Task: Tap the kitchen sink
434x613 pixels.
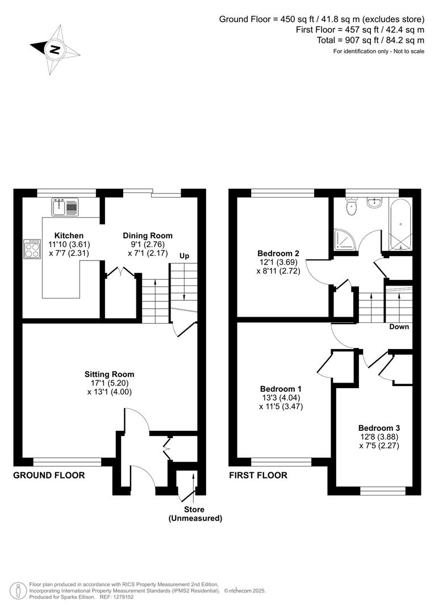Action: coord(65,207)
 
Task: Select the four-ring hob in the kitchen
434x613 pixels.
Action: coord(32,249)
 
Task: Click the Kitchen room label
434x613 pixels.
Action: coord(69,236)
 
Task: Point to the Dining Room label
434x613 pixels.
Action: coord(148,236)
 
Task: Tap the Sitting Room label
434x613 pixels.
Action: coord(109,374)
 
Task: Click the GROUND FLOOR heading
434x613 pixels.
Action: coord(49,475)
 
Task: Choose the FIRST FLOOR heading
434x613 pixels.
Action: coord(258,475)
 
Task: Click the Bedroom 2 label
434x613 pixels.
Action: coord(278,253)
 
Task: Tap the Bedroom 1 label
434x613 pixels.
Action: coord(281,389)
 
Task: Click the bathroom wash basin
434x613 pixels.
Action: coord(375,203)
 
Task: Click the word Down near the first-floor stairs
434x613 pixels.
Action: coord(399,327)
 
